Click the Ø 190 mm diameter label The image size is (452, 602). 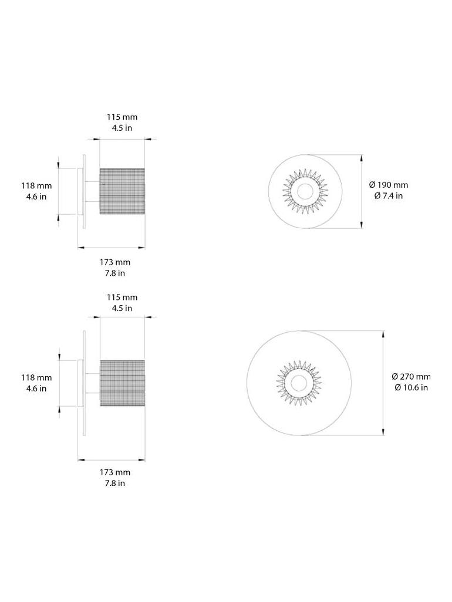388,185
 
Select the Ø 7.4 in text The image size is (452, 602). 388,196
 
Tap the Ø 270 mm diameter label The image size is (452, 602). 411,376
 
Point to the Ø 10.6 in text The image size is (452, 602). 411,387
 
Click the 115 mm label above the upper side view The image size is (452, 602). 122,117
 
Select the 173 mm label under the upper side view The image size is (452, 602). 115,262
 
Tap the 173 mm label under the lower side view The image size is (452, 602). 115,472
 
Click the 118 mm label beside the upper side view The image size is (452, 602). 36,185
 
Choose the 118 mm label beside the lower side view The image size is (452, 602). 36,377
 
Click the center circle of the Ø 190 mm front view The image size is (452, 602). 305,191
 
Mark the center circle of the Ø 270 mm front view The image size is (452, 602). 299,383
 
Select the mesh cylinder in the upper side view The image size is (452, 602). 122,191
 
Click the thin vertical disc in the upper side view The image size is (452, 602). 85,191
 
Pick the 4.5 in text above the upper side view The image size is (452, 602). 122,128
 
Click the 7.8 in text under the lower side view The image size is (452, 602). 115,483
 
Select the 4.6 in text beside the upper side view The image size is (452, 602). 36,197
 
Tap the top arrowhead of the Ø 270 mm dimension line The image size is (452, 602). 383,333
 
